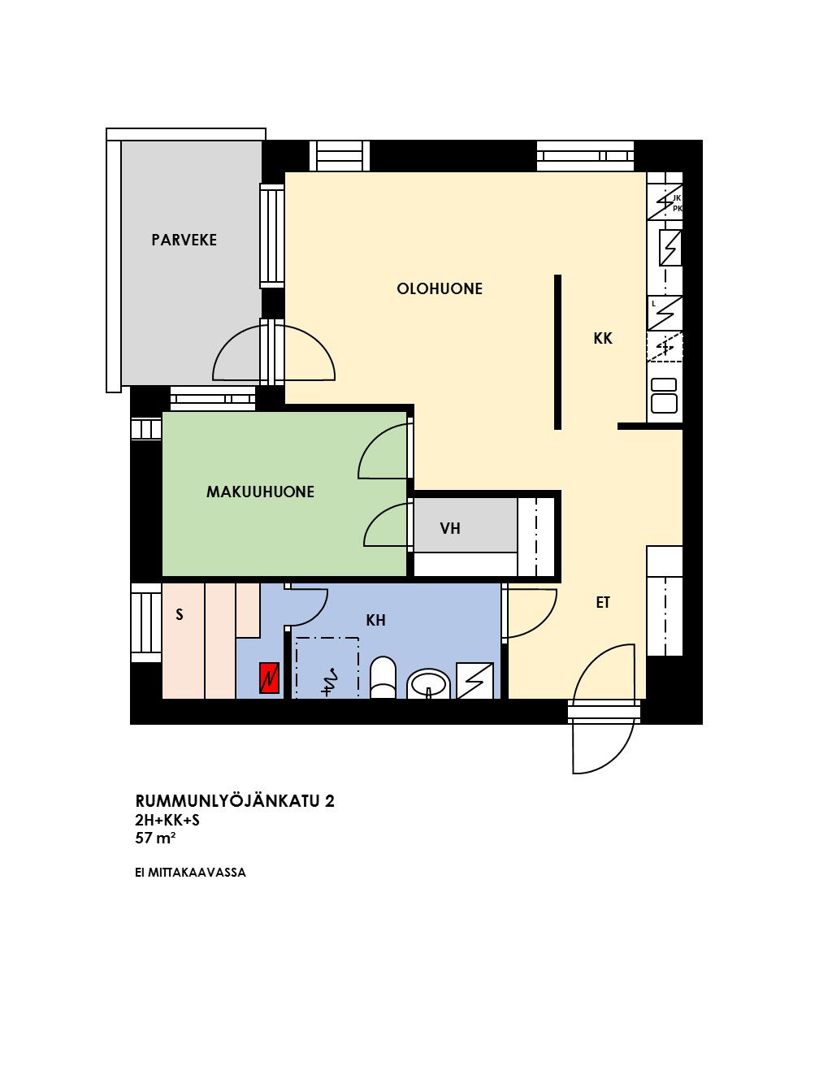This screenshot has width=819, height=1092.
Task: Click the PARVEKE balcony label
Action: point(184,240)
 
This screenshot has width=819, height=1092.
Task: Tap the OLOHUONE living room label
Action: point(440,288)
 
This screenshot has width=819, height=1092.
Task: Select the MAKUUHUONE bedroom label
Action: point(261,492)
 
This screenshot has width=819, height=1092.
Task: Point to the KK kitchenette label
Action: point(603,338)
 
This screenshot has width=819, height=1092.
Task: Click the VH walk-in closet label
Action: point(450,528)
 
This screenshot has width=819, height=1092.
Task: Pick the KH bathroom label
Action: point(376,621)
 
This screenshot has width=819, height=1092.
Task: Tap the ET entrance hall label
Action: point(603,602)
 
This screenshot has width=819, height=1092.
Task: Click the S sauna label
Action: point(180,615)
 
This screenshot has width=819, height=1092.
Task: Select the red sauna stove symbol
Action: point(269,678)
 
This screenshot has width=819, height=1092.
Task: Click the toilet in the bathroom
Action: point(383,678)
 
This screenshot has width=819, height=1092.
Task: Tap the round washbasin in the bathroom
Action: point(429,683)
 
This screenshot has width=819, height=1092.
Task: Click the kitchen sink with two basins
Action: point(664,396)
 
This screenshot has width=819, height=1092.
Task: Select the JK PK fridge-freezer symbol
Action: point(665,202)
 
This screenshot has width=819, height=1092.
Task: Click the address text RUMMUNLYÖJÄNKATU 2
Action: point(235,801)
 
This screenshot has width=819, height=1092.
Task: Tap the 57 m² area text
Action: point(155,838)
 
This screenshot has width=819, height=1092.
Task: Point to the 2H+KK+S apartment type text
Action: point(167,820)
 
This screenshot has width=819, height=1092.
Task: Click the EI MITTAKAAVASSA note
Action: point(190,873)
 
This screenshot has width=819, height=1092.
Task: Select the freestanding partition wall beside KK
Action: point(558,352)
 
